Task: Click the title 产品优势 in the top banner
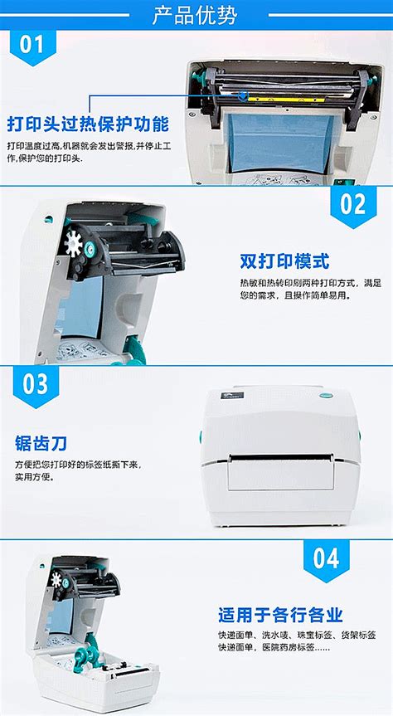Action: [196, 14]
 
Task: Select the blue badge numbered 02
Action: [353, 204]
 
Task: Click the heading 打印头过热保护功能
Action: [88, 125]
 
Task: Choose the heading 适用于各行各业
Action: [280, 615]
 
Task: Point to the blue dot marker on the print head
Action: [241, 94]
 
